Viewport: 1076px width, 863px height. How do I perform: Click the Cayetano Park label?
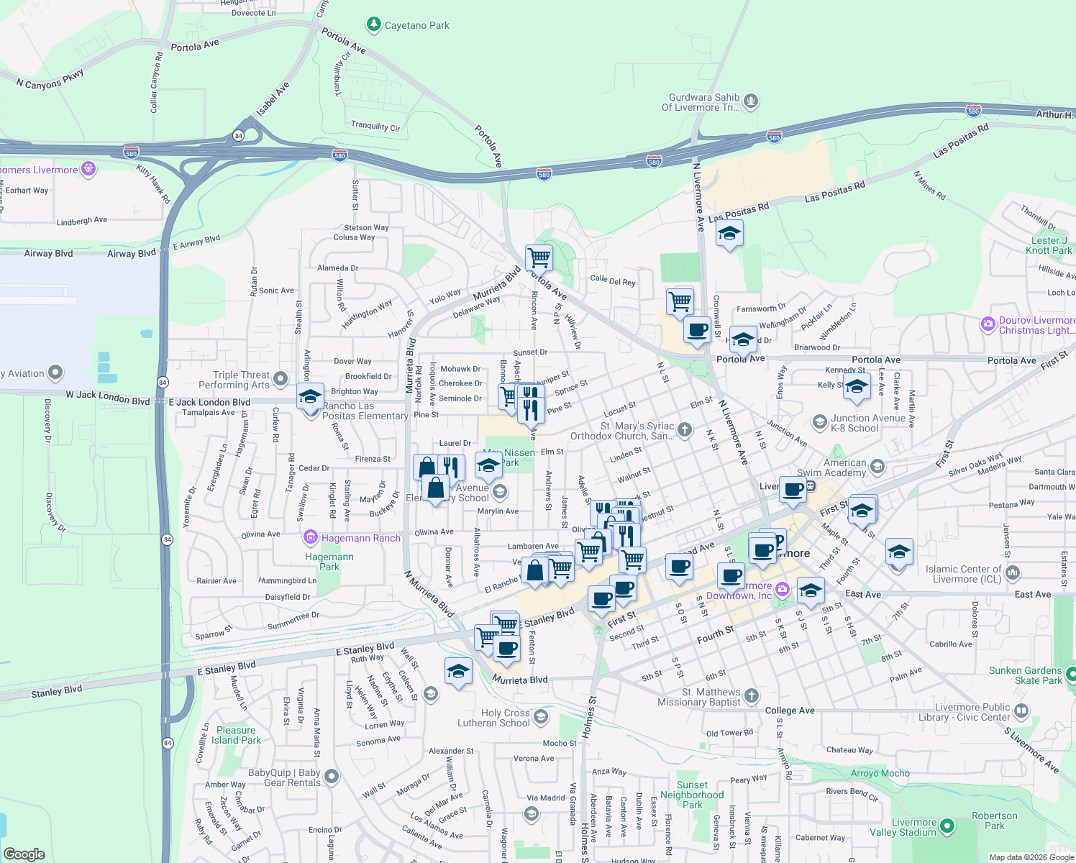point(416,25)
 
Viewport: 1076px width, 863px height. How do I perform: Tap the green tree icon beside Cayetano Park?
point(373,25)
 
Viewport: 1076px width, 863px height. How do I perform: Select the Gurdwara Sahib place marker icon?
point(751,101)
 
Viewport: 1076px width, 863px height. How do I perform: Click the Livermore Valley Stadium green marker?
point(947,827)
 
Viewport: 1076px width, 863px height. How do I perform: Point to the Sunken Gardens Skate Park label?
point(1025,675)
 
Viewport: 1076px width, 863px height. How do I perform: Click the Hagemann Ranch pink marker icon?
point(311,537)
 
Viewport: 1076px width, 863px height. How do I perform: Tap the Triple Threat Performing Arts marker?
point(281,378)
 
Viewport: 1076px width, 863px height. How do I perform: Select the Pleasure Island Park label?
point(236,735)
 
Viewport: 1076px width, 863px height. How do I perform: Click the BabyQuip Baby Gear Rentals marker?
point(332,777)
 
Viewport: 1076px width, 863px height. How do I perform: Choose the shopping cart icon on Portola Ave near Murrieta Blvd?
point(539,257)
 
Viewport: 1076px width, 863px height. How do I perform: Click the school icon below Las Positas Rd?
point(729,234)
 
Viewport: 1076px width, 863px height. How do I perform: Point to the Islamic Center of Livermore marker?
point(1013,573)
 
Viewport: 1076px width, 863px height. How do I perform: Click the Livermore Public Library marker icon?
point(1022,712)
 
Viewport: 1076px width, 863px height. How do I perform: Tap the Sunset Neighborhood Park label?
point(692,795)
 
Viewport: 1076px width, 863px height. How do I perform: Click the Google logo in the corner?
point(24,854)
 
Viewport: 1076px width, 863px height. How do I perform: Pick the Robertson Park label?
point(994,821)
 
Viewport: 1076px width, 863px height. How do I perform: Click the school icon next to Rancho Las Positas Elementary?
point(310,396)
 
